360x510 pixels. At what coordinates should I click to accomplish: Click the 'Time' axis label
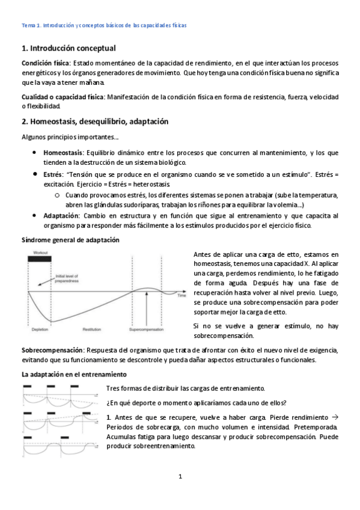click(182, 296)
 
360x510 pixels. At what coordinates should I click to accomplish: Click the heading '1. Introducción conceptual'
click(69, 48)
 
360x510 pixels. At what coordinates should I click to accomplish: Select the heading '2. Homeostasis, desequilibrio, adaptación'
click(94, 121)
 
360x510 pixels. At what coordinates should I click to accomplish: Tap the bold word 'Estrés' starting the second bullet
click(53, 174)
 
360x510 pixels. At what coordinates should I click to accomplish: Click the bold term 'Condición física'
click(46, 63)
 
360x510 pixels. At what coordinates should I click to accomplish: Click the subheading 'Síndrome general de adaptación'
click(70, 240)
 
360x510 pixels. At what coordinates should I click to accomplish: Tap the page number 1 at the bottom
click(180, 477)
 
